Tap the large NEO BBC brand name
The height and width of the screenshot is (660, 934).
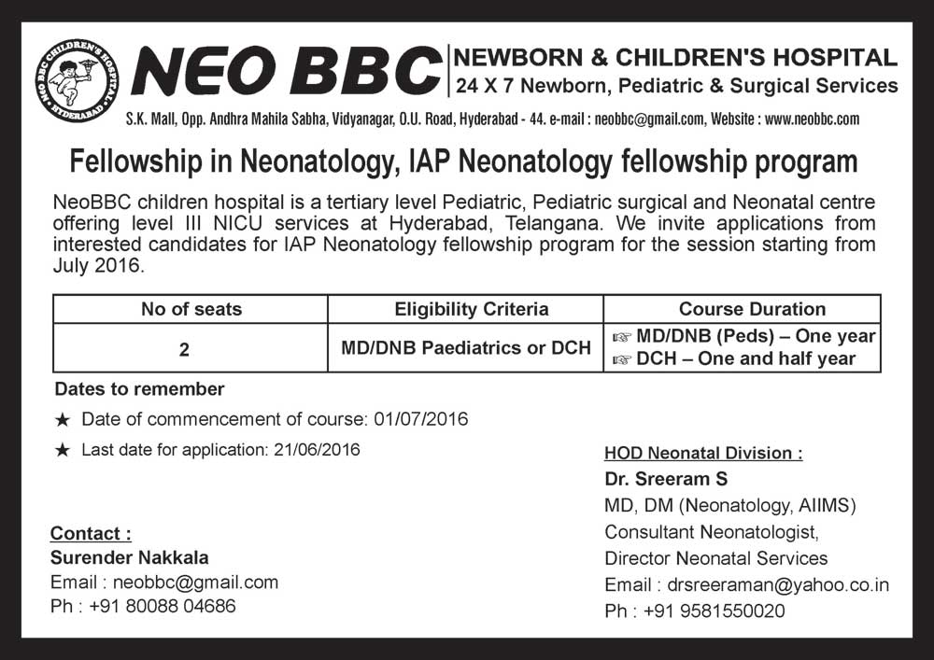tap(287, 72)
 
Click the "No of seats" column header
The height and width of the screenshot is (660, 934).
tap(191, 309)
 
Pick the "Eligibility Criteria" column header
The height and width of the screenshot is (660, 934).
tap(465, 309)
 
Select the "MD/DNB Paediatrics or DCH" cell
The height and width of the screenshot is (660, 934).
tap(466, 348)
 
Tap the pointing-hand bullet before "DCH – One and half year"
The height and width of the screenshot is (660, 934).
tap(621, 358)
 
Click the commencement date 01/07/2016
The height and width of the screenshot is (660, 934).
tap(420, 419)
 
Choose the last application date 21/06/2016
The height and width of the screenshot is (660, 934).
tap(317, 449)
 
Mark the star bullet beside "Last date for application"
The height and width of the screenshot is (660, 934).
tap(63, 450)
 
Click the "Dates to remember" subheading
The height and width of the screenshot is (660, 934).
tap(139, 388)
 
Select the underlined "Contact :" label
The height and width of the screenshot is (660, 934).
tap(91, 534)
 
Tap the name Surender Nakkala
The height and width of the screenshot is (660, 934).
tap(129, 558)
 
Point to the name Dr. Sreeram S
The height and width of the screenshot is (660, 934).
tap(666, 479)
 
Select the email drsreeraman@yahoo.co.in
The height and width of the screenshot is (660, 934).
tap(778, 585)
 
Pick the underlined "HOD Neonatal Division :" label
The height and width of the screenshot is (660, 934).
tap(703, 454)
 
